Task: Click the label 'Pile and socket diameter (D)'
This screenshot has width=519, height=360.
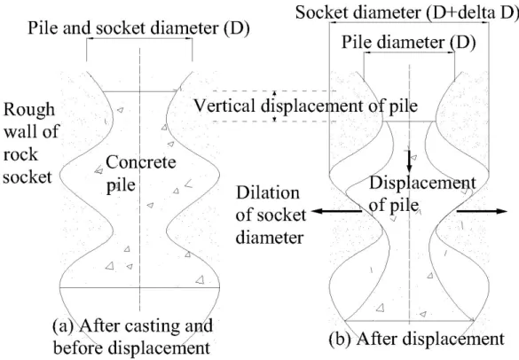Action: tap(138, 28)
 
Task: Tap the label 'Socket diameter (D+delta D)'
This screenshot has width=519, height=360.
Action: tap(407, 13)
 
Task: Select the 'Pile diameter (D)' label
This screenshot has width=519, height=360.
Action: tap(408, 43)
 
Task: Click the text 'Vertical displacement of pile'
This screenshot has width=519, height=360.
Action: tap(305, 106)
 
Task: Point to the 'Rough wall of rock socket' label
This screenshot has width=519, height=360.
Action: tap(31, 143)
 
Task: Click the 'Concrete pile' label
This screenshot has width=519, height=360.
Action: tap(141, 173)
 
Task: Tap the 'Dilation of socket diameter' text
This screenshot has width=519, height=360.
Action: tap(271, 215)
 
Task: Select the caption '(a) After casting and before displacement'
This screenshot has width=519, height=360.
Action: tap(133, 337)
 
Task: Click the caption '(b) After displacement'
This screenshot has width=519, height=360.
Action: tap(417, 339)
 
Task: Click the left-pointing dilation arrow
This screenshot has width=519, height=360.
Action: tap(336, 211)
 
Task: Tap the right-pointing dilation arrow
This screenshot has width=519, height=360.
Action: tap(482, 211)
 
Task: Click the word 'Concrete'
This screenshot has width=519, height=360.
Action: tap(141, 162)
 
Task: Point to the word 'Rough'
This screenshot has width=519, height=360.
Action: tap(29, 111)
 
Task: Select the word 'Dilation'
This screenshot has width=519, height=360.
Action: tap(267, 192)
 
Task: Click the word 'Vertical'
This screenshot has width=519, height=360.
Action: tap(224, 106)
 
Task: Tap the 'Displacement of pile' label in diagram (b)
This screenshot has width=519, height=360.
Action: tap(422, 194)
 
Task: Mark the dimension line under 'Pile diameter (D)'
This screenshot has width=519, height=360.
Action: tap(409, 52)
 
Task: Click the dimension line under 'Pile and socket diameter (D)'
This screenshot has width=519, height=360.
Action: tap(139, 39)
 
